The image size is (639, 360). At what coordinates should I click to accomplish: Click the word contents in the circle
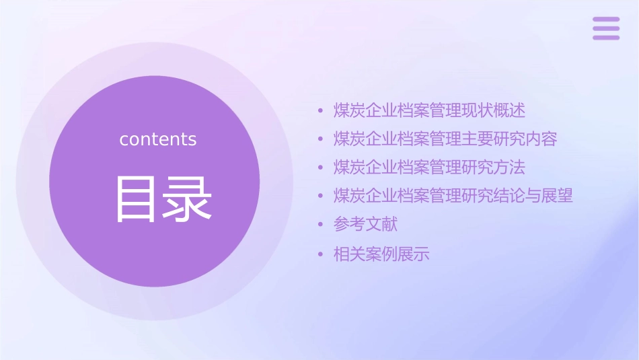(x=158, y=139)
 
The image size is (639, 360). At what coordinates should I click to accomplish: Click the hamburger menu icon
(x=606, y=28)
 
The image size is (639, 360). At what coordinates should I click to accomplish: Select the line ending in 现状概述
(x=429, y=110)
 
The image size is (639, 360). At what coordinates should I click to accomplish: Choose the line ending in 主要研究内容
(x=445, y=139)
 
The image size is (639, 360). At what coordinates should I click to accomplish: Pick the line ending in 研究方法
(x=429, y=168)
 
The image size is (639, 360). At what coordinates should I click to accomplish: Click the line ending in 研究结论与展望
(x=453, y=196)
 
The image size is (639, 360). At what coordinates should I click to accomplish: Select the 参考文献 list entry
(x=365, y=224)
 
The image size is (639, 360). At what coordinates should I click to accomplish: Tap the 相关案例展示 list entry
(x=381, y=254)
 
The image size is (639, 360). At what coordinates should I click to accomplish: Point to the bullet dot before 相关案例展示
(x=320, y=255)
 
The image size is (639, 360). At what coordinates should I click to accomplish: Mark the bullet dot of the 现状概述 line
(x=320, y=111)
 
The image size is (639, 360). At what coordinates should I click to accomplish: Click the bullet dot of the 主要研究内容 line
(x=320, y=140)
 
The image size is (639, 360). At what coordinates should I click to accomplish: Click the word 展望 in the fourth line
(x=557, y=196)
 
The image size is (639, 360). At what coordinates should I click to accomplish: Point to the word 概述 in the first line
(x=509, y=110)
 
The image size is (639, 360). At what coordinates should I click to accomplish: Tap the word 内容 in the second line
(x=541, y=139)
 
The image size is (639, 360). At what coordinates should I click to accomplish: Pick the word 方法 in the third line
(x=509, y=168)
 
